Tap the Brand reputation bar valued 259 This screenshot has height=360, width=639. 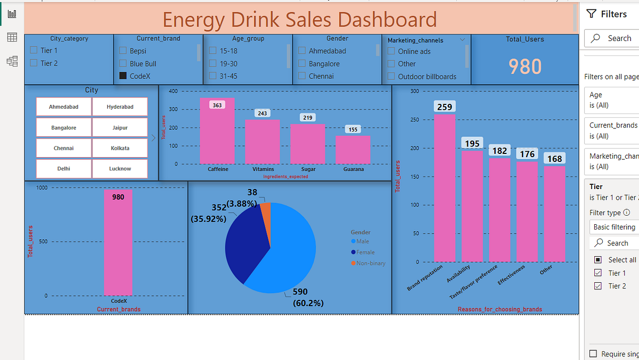[x=445, y=192]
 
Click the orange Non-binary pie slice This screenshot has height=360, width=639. [x=266, y=211]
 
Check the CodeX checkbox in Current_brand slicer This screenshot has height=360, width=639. [x=123, y=76]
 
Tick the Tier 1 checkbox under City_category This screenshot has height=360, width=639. [x=34, y=51]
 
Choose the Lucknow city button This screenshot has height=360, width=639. [x=120, y=169]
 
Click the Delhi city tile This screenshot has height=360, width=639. [x=63, y=169]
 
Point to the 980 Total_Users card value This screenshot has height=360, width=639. [x=525, y=67]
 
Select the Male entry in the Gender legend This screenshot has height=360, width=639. [x=362, y=241]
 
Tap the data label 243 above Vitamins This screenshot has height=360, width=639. [x=263, y=113]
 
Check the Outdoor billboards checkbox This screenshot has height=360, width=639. [x=391, y=77]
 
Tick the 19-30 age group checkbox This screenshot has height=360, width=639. [x=212, y=63]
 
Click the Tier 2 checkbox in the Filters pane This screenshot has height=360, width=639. [x=598, y=286]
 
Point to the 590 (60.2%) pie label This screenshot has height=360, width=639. [x=308, y=297]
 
